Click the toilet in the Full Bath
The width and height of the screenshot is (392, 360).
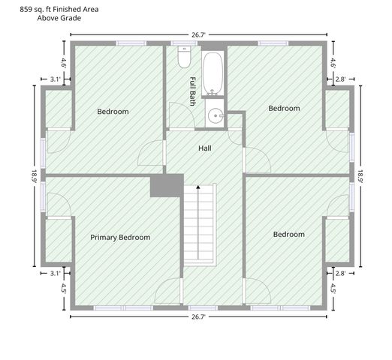pos(184,57)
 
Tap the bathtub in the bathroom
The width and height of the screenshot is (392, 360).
pos(213,73)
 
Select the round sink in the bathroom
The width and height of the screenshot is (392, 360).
pos(216,115)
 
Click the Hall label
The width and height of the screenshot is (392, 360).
pos(205,148)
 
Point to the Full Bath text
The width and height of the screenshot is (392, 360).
pos(192,91)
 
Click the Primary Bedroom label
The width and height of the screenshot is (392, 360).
pos(120,237)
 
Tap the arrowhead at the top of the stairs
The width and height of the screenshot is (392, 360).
pos(198,187)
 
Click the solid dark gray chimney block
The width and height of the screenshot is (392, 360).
pos(167,185)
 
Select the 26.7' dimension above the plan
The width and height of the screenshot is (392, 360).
pos(198,34)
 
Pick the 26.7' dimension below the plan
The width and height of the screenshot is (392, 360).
pos(198,317)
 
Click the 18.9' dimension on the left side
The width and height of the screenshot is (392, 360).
pos(35,176)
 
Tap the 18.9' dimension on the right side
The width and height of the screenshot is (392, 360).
pos(360,176)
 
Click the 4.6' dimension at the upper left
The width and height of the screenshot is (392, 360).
pos(64,63)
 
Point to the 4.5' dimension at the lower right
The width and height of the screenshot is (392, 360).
pos(333,288)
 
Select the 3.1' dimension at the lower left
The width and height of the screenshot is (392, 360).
pos(55,273)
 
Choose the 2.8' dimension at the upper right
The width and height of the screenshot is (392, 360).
pos(340,79)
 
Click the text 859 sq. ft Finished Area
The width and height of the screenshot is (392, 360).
pos(59,9)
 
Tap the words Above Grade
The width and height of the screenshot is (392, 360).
pos(59,18)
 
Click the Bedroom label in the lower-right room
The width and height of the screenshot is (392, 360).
pos(289,234)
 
